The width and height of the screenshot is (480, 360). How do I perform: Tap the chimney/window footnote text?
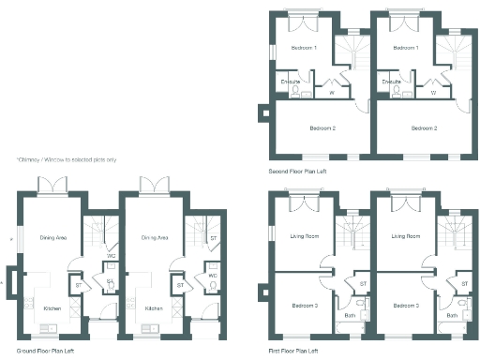click(66, 159)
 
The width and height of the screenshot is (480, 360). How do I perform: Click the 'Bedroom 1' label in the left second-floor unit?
click(304, 47)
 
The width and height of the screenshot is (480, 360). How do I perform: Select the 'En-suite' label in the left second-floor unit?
click(291, 82)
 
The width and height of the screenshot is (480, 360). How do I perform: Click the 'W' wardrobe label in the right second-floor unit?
click(432, 93)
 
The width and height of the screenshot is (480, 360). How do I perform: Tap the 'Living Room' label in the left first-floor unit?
click(305, 236)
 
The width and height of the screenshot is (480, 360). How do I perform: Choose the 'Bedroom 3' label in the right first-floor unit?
click(406, 306)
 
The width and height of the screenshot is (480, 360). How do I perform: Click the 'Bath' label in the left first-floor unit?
click(350, 315)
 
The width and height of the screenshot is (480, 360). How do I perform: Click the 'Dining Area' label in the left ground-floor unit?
click(52, 238)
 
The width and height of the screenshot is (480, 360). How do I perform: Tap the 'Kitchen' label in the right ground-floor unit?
click(154, 307)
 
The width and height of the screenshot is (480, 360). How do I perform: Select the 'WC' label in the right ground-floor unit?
click(213, 276)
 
